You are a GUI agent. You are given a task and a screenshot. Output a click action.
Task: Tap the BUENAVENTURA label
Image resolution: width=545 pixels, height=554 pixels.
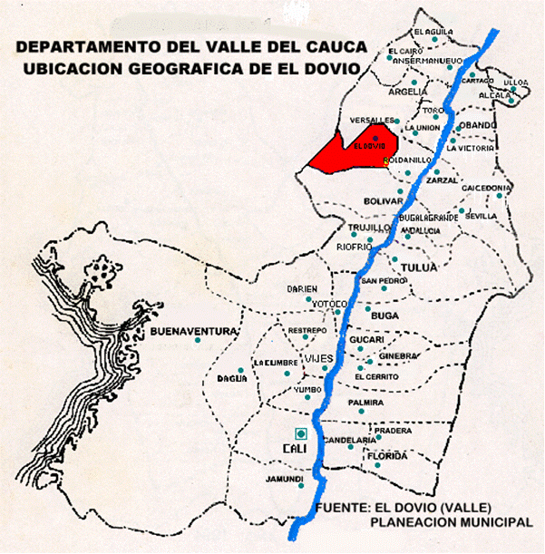(194, 330)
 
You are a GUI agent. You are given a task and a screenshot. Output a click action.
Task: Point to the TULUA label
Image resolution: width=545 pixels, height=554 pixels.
(413, 267)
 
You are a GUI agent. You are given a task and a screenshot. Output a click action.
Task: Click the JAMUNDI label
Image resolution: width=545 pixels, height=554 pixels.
(284, 479)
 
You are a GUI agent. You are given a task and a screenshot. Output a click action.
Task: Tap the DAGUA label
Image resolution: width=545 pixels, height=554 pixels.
(232, 378)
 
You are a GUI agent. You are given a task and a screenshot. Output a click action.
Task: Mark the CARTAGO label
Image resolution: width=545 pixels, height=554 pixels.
(477, 80)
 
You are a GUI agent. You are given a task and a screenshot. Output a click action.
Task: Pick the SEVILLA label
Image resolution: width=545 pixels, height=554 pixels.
(481, 217)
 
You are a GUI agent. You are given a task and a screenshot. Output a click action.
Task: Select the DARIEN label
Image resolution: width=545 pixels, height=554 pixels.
(301, 288)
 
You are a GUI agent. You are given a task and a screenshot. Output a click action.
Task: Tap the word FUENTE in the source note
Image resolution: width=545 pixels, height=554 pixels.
(344, 510)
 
